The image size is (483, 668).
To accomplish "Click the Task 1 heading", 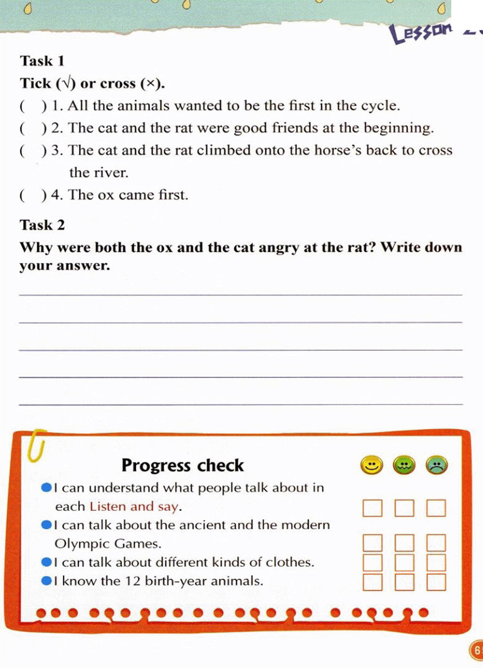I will (x=42, y=61).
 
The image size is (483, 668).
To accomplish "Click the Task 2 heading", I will (x=42, y=225).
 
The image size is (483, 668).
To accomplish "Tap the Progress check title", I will (x=183, y=465).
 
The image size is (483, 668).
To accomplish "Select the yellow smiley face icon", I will (x=372, y=465).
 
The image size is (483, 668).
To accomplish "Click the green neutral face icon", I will (x=404, y=465).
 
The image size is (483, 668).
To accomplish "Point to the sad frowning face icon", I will (x=436, y=465).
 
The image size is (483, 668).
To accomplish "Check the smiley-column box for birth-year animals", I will (x=372, y=582).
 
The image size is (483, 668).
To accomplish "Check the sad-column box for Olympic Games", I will (x=436, y=543).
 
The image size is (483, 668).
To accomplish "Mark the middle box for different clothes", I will (x=404, y=562).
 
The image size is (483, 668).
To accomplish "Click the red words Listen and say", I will (x=134, y=507).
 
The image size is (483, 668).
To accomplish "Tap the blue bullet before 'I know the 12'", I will (x=46, y=581).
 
